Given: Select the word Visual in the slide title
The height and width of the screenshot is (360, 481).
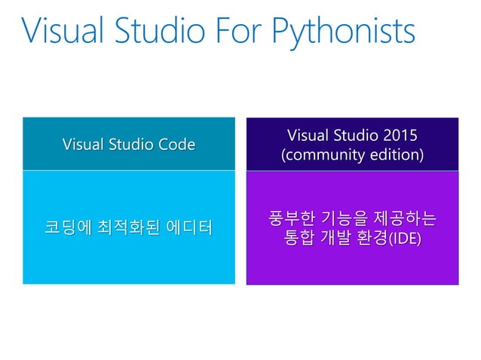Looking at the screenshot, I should click(x=63, y=31).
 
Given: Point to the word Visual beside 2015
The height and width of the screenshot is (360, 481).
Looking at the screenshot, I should click(x=308, y=136).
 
